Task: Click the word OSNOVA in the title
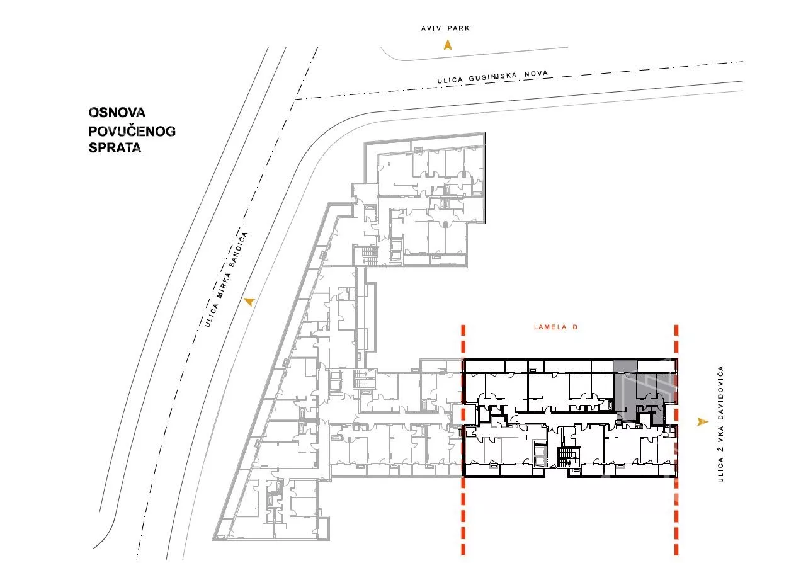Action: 117,112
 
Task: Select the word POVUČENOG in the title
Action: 132,131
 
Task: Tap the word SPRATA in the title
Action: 115,147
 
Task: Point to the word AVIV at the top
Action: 431,28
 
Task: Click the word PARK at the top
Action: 458,28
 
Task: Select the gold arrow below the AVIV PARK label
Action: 448,45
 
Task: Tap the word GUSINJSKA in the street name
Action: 492,77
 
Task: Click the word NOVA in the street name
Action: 536,73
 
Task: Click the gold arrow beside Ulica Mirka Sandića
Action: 249,302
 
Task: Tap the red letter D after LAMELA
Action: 575,327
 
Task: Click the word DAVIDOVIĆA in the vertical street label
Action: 720,392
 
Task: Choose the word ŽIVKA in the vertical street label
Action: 720,438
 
